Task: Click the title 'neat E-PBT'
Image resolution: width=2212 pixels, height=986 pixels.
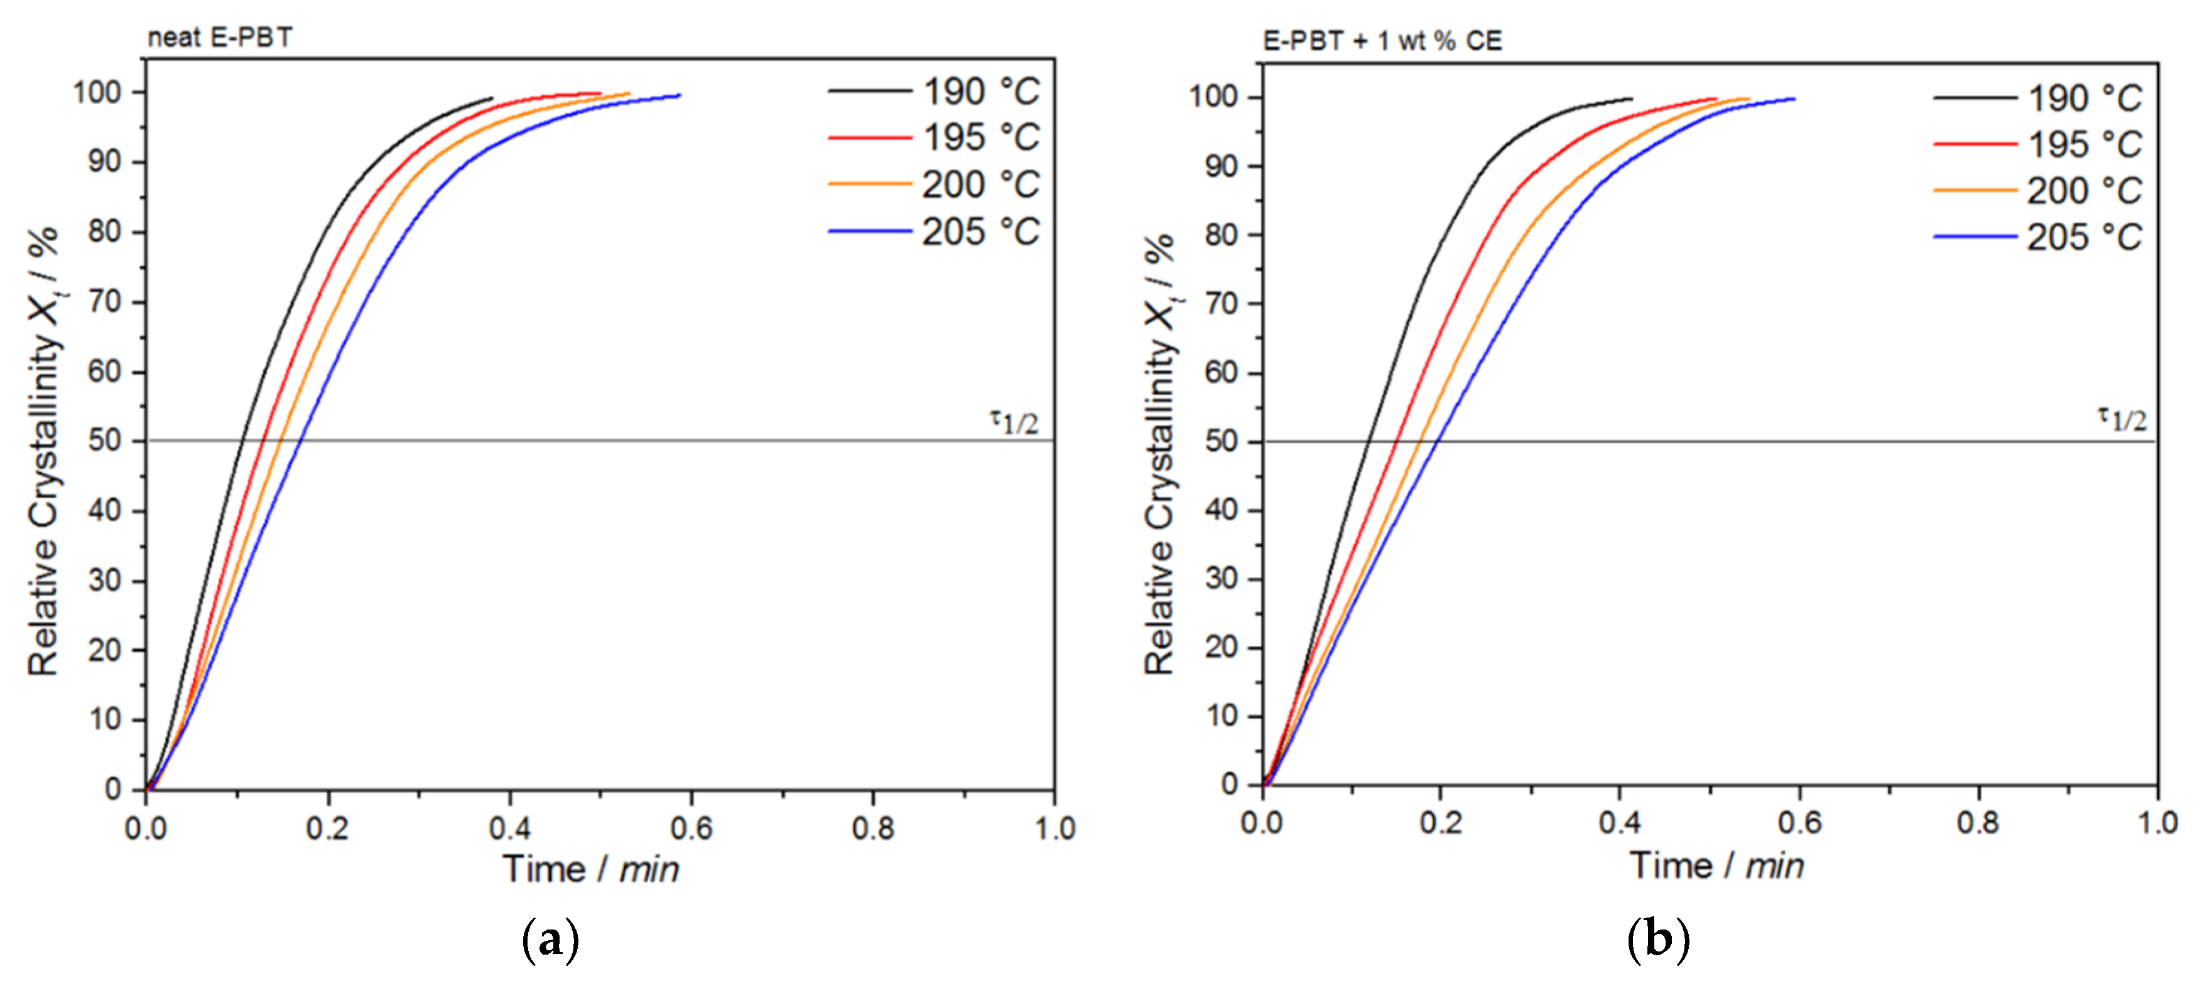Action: [220, 38]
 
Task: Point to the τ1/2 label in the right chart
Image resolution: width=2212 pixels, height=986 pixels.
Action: [2122, 419]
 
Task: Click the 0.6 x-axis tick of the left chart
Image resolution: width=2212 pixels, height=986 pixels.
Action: [691, 828]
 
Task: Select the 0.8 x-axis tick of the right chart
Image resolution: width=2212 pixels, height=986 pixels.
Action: [1978, 823]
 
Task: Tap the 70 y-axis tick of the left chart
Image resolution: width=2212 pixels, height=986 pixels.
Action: [105, 302]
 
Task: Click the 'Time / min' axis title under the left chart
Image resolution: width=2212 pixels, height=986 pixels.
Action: [591, 869]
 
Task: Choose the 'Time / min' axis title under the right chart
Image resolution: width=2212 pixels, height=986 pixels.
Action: [1716, 865]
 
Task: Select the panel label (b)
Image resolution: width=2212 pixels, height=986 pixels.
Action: [1658, 939]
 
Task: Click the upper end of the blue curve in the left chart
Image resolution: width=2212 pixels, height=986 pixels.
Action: [679, 95]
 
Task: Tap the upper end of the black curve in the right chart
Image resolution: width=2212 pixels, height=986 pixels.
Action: [1630, 99]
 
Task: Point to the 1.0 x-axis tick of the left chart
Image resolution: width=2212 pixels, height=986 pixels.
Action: [1054, 828]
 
